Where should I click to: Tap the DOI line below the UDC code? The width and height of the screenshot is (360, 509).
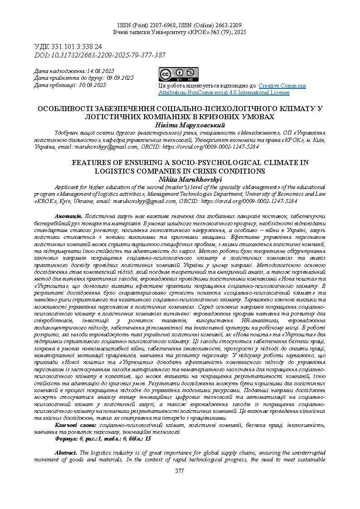pos(100,55)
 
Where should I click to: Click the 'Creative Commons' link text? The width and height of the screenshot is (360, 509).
pos(282,86)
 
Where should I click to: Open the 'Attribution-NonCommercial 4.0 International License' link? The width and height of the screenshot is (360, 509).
pos(224,92)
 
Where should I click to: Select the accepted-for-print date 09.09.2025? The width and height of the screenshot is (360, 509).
pos(120,78)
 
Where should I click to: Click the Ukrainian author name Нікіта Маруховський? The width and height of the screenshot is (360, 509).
pos(180,125)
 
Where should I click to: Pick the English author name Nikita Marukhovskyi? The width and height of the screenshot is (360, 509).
pos(180,179)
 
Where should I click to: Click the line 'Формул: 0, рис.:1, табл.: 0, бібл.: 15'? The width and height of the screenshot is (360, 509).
pos(103,439)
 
